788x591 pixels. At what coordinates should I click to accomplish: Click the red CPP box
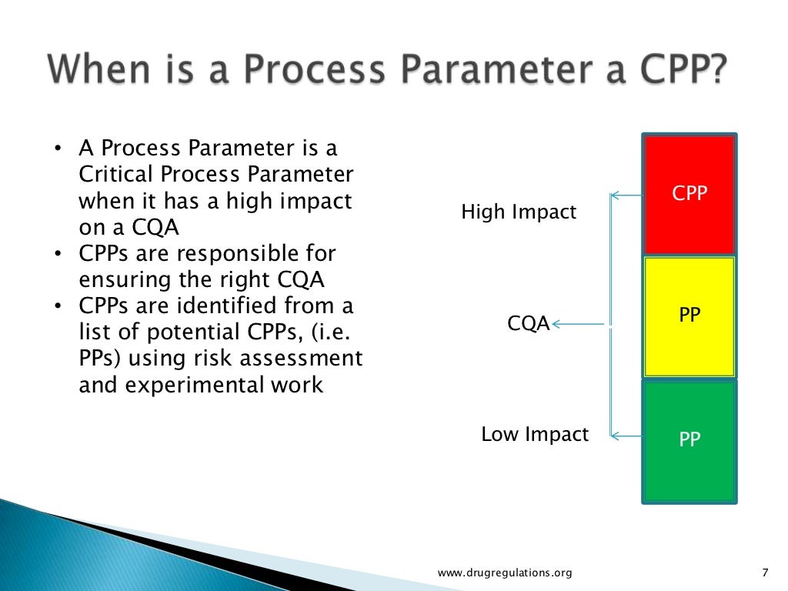click(689, 194)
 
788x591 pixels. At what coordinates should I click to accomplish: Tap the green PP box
click(689, 440)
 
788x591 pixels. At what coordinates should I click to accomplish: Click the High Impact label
click(518, 212)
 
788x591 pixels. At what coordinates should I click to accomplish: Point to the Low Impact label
click(534, 434)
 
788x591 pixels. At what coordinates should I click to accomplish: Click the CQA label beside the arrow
click(528, 324)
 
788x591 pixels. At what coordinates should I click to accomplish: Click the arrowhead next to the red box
click(616, 195)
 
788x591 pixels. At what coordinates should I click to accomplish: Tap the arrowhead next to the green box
click(616, 436)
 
